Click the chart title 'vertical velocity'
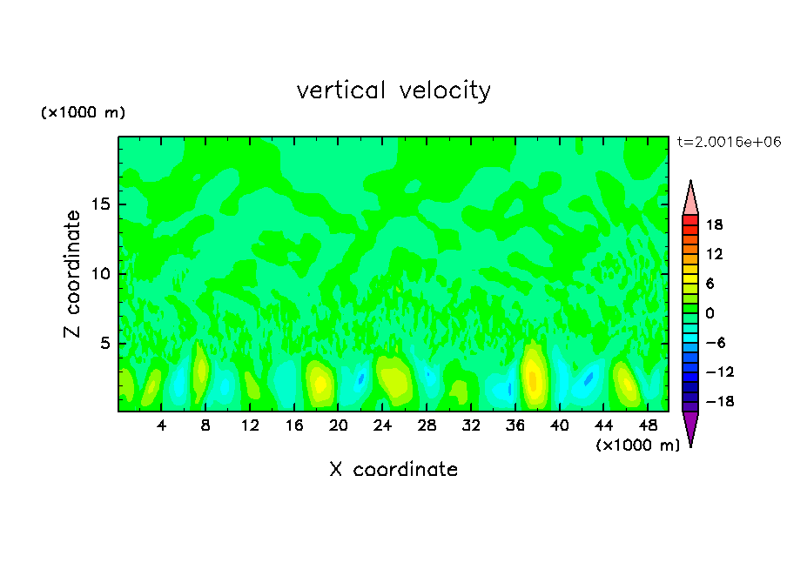(x=393, y=90)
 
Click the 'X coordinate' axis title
(x=393, y=470)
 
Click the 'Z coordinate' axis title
(x=73, y=274)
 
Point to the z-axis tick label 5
(x=104, y=344)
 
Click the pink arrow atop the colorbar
(x=690, y=197)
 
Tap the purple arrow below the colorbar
(x=690, y=428)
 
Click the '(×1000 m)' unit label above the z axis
(x=83, y=113)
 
